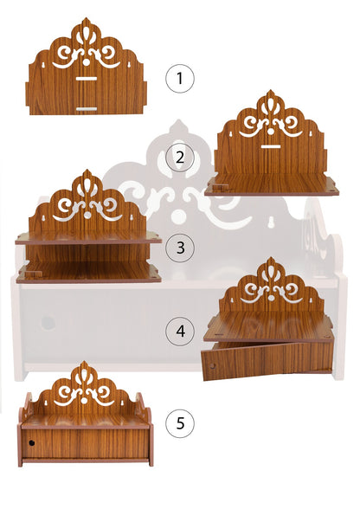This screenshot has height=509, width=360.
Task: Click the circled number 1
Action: [180, 79]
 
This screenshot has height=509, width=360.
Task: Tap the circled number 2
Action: [180, 158]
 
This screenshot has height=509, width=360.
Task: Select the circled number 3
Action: [180, 248]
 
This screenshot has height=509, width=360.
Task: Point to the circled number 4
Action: [180, 331]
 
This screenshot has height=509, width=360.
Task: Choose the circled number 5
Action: [180, 423]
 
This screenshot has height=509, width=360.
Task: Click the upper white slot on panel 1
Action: [87, 79]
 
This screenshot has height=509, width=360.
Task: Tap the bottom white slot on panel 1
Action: [87, 109]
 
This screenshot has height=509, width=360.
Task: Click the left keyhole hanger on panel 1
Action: [43, 66]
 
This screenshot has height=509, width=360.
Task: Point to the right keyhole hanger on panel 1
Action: [129, 66]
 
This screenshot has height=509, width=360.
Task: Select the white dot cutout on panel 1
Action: [87, 61]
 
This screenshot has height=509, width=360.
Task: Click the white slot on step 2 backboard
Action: [271, 147]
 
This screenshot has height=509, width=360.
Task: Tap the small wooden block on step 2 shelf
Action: [221, 187]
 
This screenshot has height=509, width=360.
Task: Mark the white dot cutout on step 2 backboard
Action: [271, 132]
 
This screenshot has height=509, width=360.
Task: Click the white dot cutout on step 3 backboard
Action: [87, 215]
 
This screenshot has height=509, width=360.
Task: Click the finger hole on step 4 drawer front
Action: [212, 366]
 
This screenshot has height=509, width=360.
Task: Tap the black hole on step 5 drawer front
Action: [31, 442]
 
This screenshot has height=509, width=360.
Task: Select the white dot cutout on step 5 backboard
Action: [85, 401]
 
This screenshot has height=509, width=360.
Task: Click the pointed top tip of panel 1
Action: [86, 18]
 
